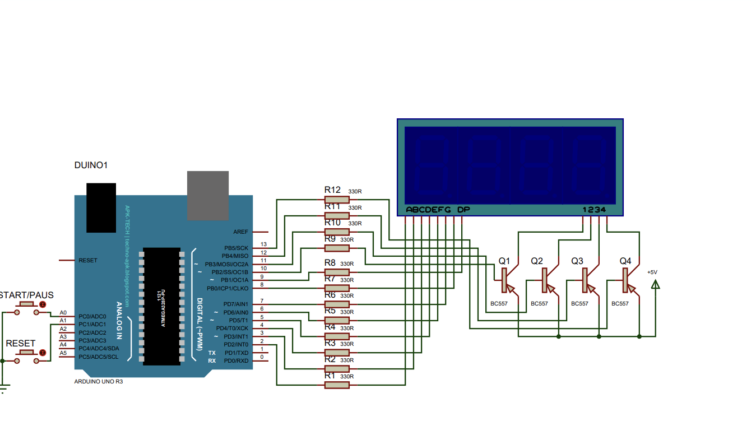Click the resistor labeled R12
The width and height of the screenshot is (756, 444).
click(337, 200)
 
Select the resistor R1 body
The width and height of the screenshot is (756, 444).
click(337, 385)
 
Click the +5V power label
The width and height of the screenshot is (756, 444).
click(652, 272)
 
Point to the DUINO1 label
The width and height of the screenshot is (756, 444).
click(91, 165)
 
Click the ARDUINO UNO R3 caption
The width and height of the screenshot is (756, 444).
click(99, 381)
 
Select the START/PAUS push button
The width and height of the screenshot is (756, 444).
click(26, 304)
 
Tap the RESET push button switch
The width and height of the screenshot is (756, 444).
click(26, 353)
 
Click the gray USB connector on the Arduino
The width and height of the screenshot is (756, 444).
click(207, 195)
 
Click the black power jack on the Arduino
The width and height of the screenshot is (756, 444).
click(101, 207)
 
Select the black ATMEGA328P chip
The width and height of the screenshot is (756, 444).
click(161, 306)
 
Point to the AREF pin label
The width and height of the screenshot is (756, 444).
click(240, 232)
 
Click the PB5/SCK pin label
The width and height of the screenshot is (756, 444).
click(236, 248)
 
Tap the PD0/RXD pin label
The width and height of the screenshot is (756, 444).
click(236, 360)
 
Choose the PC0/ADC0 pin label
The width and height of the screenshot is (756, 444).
click(92, 316)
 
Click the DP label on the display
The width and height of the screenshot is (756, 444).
click(463, 210)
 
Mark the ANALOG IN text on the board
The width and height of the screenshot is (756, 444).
click(119, 321)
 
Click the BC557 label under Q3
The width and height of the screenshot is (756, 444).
click(579, 303)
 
